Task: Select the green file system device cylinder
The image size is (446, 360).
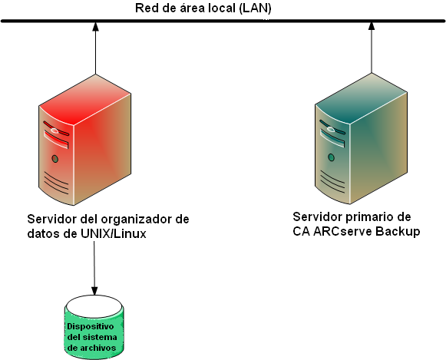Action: pyautogui.click(x=94, y=329)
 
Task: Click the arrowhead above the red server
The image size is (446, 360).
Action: pyautogui.click(x=94, y=29)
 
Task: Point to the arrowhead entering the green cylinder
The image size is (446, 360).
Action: pyautogui.click(x=94, y=291)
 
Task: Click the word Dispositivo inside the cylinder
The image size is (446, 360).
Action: pyautogui.click(x=94, y=325)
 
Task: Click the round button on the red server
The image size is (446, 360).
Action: pyautogui.click(x=55, y=159)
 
